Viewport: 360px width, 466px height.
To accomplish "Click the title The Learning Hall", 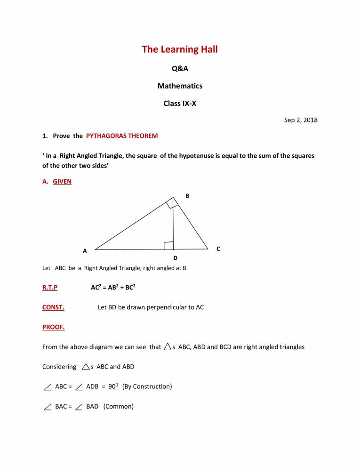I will click(x=180, y=49).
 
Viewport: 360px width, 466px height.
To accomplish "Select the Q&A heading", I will click(x=180, y=69).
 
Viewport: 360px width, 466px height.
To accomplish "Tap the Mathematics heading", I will click(x=180, y=86).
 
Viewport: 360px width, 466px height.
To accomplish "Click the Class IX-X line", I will click(x=180, y=103).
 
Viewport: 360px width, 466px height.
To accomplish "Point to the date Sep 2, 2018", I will click(x=301, y=120).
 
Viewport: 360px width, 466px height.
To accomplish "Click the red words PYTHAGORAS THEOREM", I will click(x=122, y=136).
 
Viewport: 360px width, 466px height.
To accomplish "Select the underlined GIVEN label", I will click(x=62, y=181).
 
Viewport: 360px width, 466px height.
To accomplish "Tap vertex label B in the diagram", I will click(x=187, y=195).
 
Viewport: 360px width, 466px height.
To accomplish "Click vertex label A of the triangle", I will click(x=85, y=251).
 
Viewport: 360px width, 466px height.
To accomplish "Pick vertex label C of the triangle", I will click(x=218, y=248).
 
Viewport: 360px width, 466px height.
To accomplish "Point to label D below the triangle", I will click(x=175, y=258).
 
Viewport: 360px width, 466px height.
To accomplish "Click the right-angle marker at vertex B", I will click(x=172, y=203).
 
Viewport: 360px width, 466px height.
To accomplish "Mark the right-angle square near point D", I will click(x=168, y=245).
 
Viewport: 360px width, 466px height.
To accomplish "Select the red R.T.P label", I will click(x=50, y=287).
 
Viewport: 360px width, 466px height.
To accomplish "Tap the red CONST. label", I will click(x=53, y=307).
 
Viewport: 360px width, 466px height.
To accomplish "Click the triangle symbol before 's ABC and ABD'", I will click(x=86, y=367).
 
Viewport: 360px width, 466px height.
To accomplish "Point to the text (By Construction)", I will click(x=147, y=386).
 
